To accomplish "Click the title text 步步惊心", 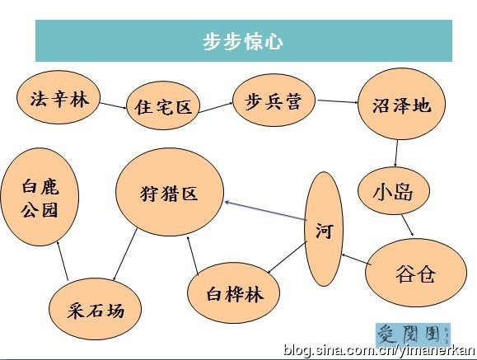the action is pyautogui.click(x=243, y=41).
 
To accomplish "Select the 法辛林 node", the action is pyautogui.click(x=58, y=97).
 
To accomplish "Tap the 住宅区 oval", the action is pyautogui.click(x=163, y=105).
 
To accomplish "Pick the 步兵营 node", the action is pyautogui.click(x=274, y=100).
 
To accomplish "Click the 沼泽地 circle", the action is pyautogui.click(x=401, y=104).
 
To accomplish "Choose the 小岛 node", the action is pyautogui.click(x=393, y=190).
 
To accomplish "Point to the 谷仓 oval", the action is pyautogui.click(x=415, y=273).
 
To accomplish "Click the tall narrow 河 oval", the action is pyautogui.click(x=324, y=229).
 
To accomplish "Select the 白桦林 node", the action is pyautogui.click(x=233, y=293).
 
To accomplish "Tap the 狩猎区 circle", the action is pyautogui.click(x=170, y=192).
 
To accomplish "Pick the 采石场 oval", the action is pyautogui.click(x=96, y=309).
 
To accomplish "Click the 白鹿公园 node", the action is pyautogui.click(x=40, y=197).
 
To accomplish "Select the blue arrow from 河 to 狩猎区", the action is pyautogui.click(x=265, y=211).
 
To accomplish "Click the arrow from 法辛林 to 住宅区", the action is pyautogui.click(x=113, y=105).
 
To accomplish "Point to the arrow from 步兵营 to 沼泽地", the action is pyautogui.click(x=338, y=101).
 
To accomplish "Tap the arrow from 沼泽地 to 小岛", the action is pyautogui.click(x=396, y=153).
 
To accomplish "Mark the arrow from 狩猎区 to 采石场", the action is pyautogui.click(x=124, y=255).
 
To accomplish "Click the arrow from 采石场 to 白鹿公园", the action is pyautogui.click(x=63, y=260).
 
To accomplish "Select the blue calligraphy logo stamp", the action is pyautogui.click(x=413, y=334).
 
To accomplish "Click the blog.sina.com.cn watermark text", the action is pyautogui.click(x=379, y=351).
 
